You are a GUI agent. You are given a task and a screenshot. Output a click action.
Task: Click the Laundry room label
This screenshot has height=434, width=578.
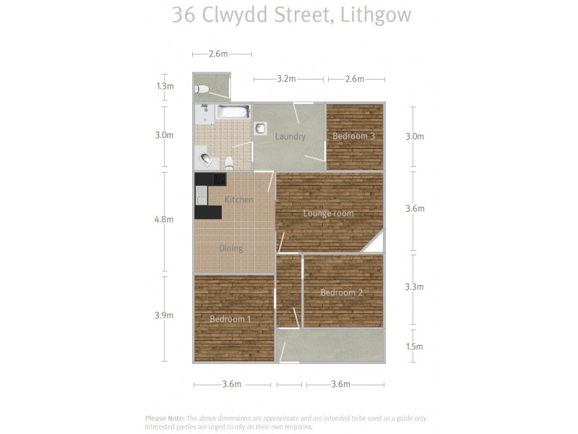coord(290,136)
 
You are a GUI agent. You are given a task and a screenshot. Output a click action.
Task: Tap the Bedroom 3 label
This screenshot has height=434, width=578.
coord(353,136)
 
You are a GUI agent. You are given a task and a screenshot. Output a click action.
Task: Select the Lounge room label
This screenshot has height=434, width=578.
coord(328,213)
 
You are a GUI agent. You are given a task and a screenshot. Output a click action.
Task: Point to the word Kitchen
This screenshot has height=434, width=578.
coord(239,200)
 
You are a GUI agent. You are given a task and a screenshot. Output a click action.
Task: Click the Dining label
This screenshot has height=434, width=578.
coord(231,248)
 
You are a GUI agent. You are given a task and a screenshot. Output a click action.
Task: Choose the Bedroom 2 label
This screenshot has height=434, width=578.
coord(342,292)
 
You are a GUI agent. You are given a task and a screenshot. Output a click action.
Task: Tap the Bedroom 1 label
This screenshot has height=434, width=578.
coord(231,319)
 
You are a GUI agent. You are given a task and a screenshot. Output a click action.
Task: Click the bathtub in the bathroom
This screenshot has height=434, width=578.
coord(233,112)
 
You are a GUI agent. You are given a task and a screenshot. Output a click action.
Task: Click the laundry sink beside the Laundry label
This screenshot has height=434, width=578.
coord(260,128)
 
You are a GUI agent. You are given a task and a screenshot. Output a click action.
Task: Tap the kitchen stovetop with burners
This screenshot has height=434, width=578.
coord(202,195)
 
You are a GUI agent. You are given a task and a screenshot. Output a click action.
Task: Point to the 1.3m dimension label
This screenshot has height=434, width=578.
coord(165,86)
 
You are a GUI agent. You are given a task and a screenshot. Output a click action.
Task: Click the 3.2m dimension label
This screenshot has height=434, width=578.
coord(287,79)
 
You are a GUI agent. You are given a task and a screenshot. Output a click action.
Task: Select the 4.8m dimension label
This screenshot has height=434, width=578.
coord(165,219)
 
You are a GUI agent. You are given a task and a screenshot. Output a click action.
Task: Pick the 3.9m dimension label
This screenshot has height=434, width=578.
coord(165,315)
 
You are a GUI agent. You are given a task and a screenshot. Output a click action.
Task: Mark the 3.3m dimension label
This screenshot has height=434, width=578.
coord(414,286)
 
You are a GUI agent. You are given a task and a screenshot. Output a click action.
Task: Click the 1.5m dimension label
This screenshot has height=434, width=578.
coord(414,346)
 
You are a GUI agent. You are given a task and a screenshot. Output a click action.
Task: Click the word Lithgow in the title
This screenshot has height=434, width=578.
coord(375,15)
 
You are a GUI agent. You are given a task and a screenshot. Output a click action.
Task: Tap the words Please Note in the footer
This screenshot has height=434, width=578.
coord(165,418)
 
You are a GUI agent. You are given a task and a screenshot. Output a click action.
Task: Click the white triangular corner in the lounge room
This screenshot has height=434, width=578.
coord(376,245)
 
